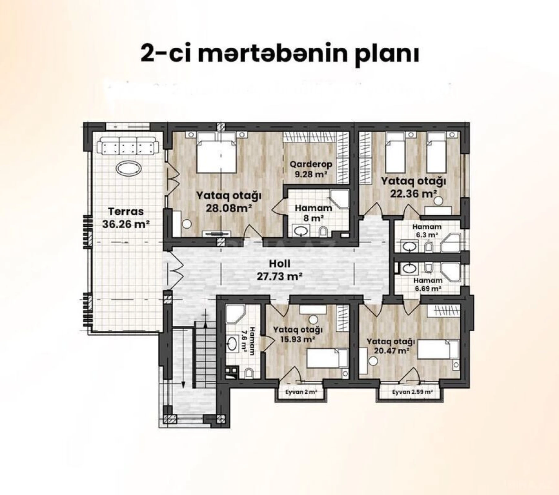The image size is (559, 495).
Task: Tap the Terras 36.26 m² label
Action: pos(126,217)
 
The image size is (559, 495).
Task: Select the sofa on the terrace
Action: pos(128,146)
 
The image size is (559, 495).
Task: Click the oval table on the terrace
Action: pos(128,168)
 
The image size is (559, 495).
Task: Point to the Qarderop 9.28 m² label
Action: pos(311,169)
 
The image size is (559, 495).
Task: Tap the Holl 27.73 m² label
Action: pos(279,270)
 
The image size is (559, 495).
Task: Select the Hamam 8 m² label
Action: pos(313,213)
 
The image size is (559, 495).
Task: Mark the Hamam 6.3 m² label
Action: pos(426,230)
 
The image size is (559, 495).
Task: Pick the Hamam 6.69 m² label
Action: pos(428,284)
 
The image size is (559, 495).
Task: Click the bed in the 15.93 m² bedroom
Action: pos(328,358)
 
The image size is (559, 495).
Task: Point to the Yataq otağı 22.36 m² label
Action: pos(413,187)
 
